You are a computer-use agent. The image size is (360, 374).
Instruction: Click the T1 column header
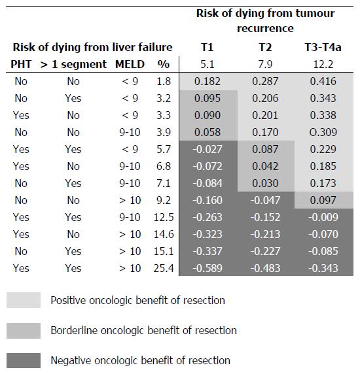207,47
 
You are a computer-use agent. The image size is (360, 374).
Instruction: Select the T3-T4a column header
323,47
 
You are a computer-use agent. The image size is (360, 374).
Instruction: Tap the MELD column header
130,64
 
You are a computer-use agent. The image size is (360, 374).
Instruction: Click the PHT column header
21,64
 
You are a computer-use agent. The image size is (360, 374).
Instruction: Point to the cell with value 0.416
323,81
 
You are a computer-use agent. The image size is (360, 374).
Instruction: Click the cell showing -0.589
207,268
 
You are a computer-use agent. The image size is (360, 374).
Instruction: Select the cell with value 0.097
323,200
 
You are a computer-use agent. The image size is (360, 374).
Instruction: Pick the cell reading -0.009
323,217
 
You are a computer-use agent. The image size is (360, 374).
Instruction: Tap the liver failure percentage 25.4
164,268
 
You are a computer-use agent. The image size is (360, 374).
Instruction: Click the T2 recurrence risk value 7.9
265,64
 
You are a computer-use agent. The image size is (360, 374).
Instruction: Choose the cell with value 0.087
265,149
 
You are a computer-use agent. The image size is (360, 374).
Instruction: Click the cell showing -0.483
265,268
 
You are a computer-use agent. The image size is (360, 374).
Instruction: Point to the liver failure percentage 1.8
164,81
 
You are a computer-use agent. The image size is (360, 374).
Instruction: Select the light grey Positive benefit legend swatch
24,300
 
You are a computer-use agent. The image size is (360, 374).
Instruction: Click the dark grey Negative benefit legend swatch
24,360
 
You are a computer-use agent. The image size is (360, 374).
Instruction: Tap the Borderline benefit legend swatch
24,331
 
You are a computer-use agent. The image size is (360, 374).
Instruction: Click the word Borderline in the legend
74,331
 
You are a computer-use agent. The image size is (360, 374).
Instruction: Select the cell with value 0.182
207,81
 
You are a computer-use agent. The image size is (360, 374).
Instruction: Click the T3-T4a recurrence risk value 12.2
323,64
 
